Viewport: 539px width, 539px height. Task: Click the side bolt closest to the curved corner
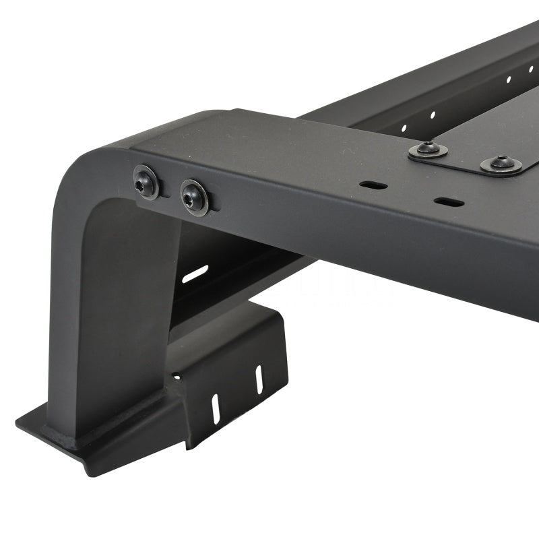[x=146, y=182]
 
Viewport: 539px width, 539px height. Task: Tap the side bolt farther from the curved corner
[x=194, y=197]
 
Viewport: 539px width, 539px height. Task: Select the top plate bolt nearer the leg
[x=429, y=148]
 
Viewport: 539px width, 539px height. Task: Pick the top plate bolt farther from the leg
[x=502, y=163]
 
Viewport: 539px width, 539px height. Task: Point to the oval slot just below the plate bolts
[x=449, y=201]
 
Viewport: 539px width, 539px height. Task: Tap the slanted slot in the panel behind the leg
[x=195, y=274]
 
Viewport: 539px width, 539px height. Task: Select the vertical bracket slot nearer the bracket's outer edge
[x=259, y=379]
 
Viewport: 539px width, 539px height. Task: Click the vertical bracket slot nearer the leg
[x=216, y=408]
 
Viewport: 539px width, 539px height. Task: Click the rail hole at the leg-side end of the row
[x=404, y=127]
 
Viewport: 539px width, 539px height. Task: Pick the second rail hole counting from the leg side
[x=433, y=115]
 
